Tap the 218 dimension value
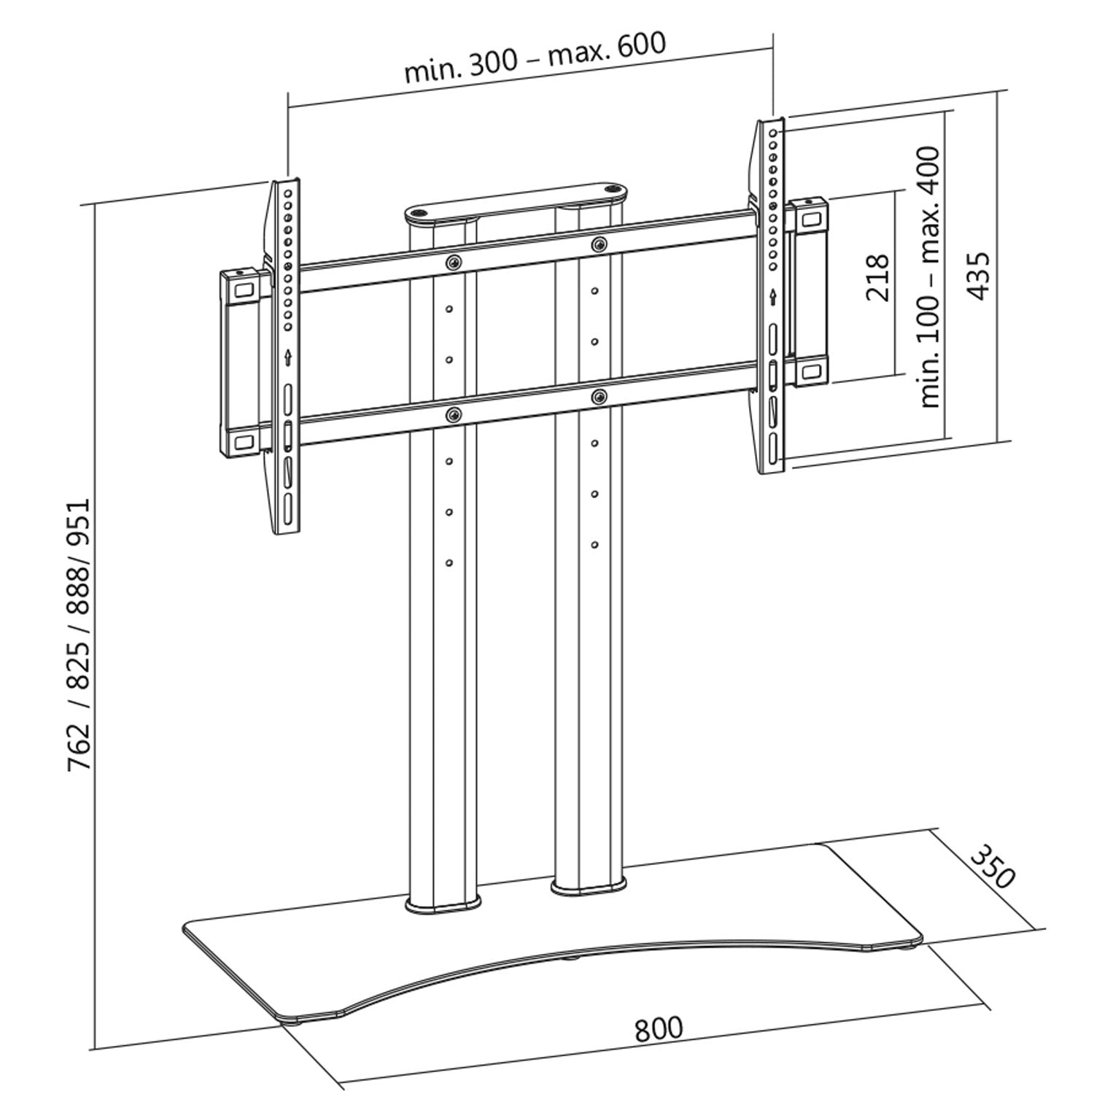877,278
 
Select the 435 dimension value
979,275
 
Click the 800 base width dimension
659,1028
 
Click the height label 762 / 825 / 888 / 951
79,635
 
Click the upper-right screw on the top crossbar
598,244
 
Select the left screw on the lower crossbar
454,415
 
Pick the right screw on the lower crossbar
599,397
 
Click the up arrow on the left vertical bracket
289,357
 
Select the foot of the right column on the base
589,887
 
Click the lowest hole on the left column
449,562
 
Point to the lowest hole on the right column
595,544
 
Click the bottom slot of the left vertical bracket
289,506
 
